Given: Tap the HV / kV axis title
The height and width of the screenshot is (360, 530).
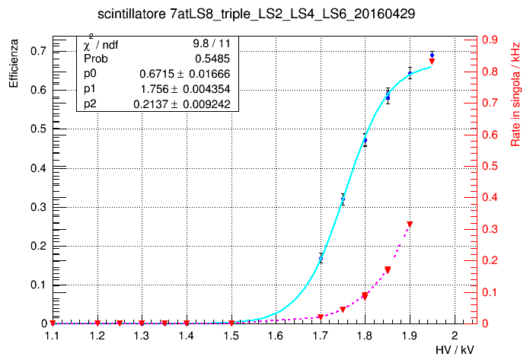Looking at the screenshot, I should [x=455, y=349].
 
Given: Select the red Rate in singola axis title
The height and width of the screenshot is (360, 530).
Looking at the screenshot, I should [x=516, y=96].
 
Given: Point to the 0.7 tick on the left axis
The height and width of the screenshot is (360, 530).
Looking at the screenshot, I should [x=37, y=51].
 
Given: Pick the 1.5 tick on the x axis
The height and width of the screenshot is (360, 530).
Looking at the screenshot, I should [x=231, y=336].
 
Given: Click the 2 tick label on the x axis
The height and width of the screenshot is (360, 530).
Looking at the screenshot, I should [x=455, y=336].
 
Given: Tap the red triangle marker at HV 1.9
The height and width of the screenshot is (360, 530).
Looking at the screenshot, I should [x=410, y=224].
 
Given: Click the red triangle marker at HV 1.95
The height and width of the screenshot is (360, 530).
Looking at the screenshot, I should [x=432, y=62].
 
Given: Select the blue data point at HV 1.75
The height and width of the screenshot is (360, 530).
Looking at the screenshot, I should [x=343, y=199].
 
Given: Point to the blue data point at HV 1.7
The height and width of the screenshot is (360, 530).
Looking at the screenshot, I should [x=321, y=258].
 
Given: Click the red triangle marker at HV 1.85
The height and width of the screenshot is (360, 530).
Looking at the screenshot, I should [x=388, y=270].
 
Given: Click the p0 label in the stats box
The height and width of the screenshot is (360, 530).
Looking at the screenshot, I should [x=90, y=74].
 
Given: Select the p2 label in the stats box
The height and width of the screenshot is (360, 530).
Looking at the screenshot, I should [x=90, y=104].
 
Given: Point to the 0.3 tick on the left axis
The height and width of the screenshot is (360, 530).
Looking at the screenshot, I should [x=37, y=207].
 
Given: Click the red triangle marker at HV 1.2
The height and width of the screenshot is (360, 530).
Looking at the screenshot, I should [x=97, y=323].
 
